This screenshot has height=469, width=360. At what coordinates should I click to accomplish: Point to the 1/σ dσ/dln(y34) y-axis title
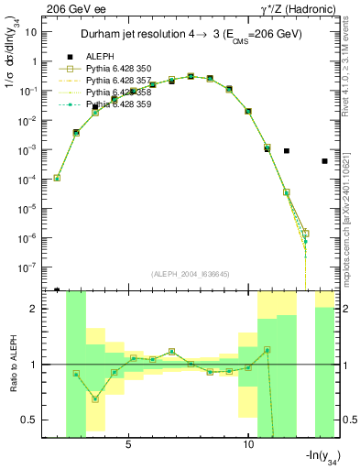[12, 56]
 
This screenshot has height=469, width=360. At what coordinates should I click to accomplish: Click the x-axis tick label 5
[129, 444]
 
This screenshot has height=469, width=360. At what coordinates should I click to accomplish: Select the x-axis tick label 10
[248, 444]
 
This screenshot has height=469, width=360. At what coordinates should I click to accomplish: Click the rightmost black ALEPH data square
[325, 161]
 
